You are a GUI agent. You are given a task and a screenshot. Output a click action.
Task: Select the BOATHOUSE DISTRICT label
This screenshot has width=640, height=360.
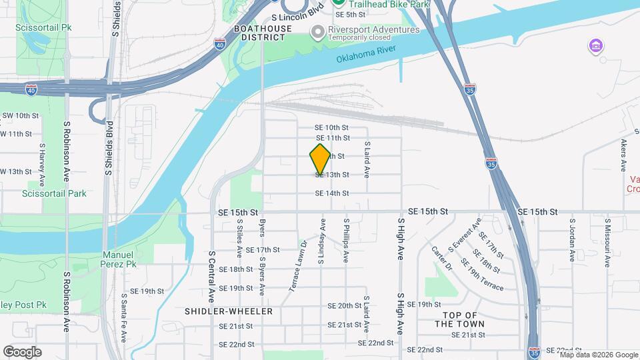pyautogui.click(x=263, y=33)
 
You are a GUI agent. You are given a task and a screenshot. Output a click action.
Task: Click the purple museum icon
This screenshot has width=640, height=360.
pyautogui.click(x=595, y=46)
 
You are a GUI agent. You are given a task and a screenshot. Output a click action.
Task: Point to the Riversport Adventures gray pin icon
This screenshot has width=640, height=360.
pyautogui.click(x=317, y=31)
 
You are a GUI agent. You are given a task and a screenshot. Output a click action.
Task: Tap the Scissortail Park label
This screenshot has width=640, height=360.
pyautogui.click(x=54, y=194)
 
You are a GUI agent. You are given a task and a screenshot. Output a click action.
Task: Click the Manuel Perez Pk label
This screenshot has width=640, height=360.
pyautogui.click(x=119, y=259)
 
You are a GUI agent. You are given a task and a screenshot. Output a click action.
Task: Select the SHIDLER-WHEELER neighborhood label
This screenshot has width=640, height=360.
pyautogui.click(x=225, y=311)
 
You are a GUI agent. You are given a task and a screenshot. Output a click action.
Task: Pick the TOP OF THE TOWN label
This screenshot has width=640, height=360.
pyautogui.click(x=460, y=319)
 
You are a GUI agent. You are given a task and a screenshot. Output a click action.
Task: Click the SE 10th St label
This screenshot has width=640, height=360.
pyautogui.click(x=332, y=127)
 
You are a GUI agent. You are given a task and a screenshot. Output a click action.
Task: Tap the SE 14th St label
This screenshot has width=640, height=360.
pyautogui.click(x=332, y=193)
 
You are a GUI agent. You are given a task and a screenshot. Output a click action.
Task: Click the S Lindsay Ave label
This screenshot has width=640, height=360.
pyautogui.click(x=321, y=241)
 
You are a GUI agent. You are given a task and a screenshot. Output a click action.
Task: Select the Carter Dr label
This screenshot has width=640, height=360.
pyautogui.click(x=441, y=258)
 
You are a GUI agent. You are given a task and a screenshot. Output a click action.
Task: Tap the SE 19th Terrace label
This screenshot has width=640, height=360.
pyautogui.click(x=485, y=281)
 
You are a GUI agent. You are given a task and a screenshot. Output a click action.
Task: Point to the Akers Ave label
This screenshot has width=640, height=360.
pyautogui.click(x=623, y=155)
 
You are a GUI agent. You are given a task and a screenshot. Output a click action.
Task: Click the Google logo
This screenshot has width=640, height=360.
pyautogui.click(x=22, y=352)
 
